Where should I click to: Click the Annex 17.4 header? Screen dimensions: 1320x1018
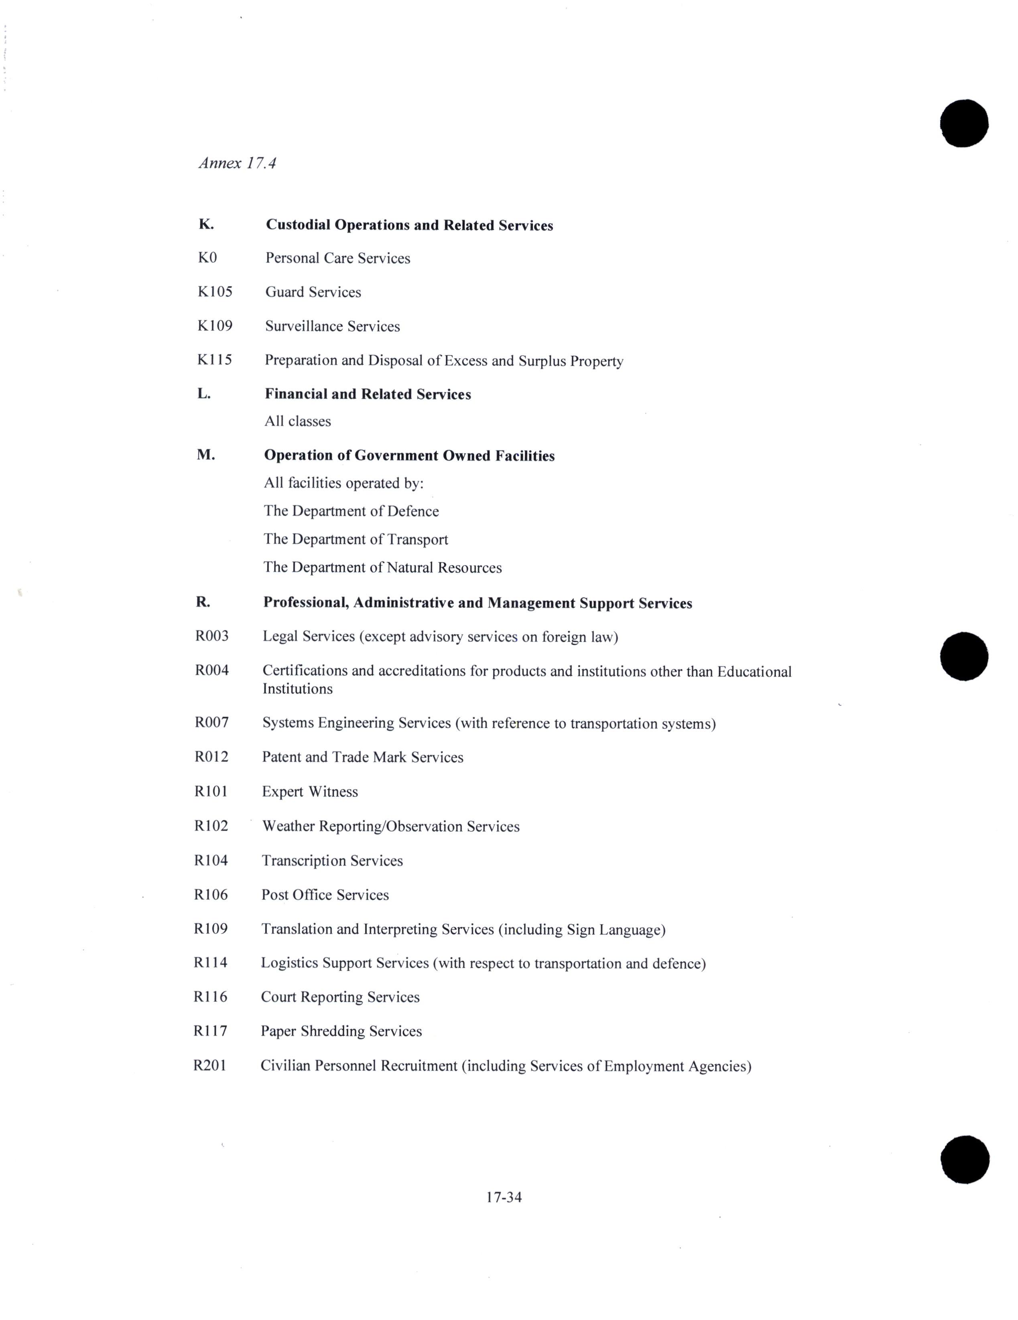coord(237,163)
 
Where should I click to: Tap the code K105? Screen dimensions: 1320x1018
coord(215,292)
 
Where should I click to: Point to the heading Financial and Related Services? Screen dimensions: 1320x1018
coord(368,394)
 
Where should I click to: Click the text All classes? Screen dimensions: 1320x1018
coord(297,421)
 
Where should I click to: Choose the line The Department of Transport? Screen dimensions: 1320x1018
coord(356,539)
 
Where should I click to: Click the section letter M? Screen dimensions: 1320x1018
coord(205,455)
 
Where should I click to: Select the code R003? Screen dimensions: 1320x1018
coord(211,636)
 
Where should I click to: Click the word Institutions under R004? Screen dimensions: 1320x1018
coord(297,689)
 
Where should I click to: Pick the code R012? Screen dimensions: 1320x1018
coord(211,757)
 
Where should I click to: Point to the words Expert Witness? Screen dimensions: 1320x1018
coord(309,792)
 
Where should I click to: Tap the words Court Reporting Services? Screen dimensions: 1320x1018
coord(340,997)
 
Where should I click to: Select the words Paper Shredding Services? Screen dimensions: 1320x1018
coord(341,1031)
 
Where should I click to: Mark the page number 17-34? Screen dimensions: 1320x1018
coord(504,1197)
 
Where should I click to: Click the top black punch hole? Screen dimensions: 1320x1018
coord(963,123)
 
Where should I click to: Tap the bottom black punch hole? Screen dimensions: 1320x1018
coord(965,1159)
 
